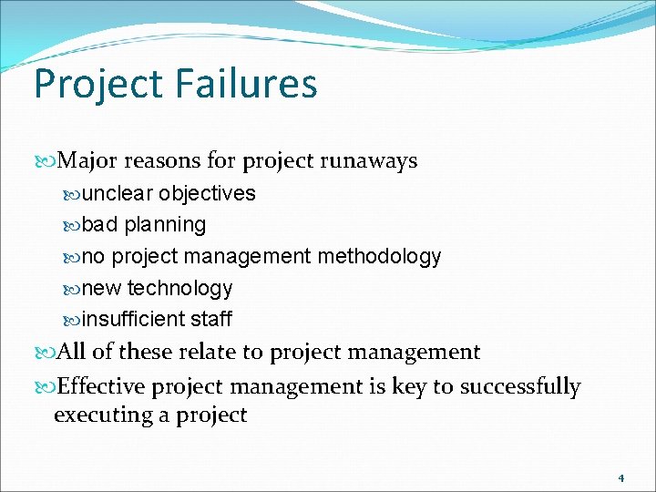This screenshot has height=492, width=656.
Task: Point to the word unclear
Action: point(118,194)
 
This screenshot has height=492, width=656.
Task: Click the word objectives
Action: point(207,194)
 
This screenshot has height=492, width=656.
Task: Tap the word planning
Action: point(165,225)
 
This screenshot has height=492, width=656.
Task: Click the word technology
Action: point(179,289)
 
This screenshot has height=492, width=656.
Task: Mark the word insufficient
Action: point(133,320)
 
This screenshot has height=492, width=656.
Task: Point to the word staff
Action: point(211,320)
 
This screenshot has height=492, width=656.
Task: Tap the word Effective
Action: point(100,387)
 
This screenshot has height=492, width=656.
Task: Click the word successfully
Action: point(519,387)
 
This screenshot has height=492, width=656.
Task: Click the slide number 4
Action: point(620,477)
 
